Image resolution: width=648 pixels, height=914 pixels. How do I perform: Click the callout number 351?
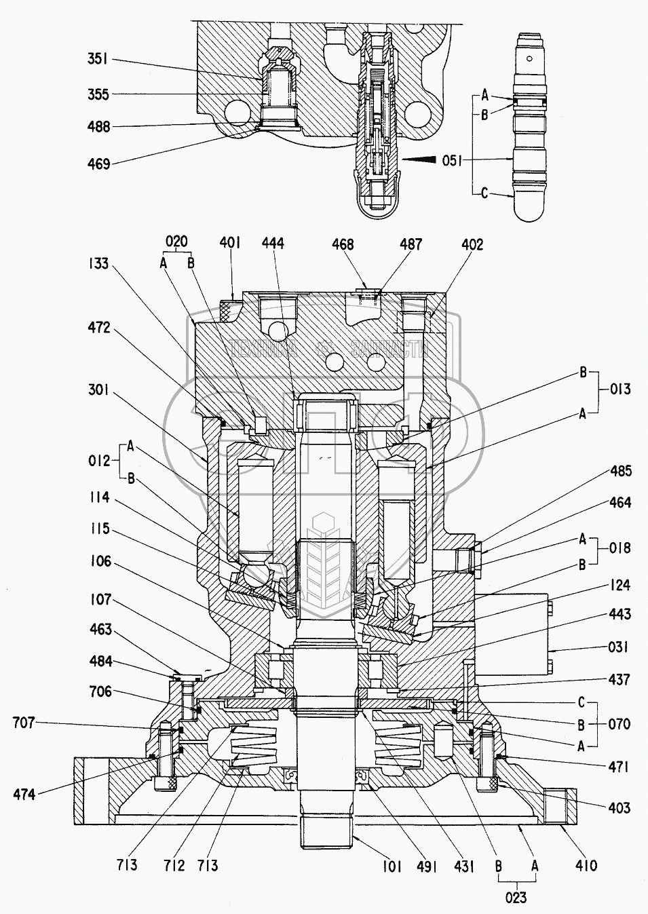[98, 60]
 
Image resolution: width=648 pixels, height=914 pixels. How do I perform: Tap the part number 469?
[98, 164]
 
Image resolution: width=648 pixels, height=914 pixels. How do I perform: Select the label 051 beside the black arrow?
[453, 160]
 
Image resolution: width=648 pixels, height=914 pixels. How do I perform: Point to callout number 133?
[98, 263]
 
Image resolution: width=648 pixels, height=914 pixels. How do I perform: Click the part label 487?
[411, 244]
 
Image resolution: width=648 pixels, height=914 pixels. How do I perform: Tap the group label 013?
[620, 389]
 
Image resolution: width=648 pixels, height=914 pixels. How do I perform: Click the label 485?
[620, 470]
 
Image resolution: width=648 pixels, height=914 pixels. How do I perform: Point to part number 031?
[618, 647]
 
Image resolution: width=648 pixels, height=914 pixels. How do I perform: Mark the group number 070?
[620, 723]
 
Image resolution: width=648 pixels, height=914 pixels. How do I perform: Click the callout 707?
[24, 723]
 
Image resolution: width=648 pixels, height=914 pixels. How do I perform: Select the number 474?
[24, 793]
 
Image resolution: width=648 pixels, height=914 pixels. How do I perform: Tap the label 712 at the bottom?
[174, 865]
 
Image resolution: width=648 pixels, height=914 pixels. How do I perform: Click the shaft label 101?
[392, 866]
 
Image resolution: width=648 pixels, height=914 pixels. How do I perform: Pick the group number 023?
[516, 898]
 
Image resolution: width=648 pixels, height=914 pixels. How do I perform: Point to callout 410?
[586, 865]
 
